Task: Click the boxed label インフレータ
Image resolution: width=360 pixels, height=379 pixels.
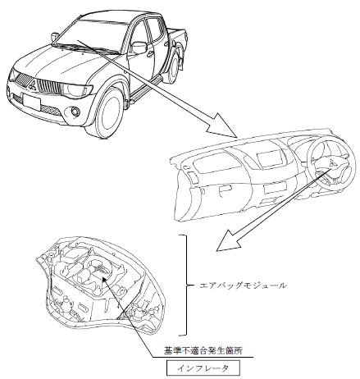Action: (203, 368)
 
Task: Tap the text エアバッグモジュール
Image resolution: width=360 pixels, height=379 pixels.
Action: (244, 286)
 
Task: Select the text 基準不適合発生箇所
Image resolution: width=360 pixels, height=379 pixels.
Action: (203, 351)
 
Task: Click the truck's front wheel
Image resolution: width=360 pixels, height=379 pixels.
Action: (108, 112)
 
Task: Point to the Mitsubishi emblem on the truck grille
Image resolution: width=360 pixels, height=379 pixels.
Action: (33, 85)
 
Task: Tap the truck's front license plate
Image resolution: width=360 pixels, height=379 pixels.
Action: (32, 103)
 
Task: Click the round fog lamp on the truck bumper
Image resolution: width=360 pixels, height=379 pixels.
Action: (75, 112)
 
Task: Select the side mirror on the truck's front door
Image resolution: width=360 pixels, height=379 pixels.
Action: (139, 48)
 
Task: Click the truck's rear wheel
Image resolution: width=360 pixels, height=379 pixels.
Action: (174, 68)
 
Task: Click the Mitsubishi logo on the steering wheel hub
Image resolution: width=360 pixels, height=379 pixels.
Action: (332, 163)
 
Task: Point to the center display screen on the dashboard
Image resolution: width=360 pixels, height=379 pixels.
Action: (271, 158)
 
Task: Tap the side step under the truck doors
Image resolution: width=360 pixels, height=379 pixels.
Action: (145, 89)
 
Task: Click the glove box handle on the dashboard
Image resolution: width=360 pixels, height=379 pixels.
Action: (226, 189)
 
